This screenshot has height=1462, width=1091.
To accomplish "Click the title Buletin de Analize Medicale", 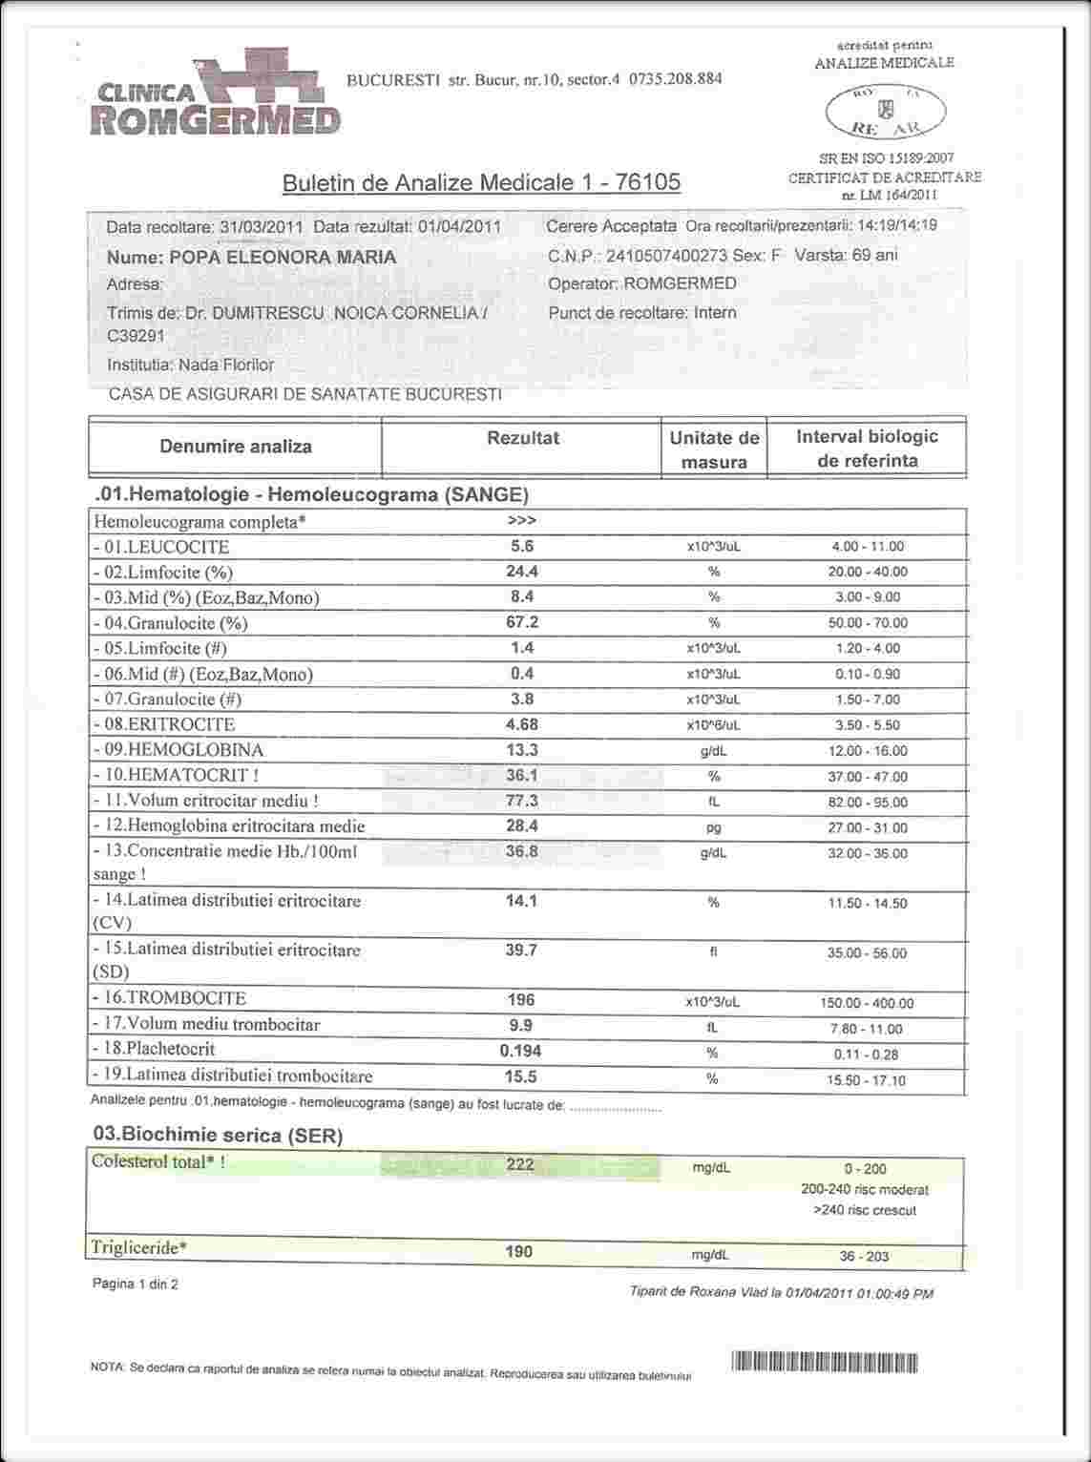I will pyautogui.click(x=481, y=182).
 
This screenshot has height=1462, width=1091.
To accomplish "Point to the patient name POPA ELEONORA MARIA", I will pyautogui.click(x=283, y=258).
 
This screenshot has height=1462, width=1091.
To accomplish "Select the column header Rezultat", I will pyautogui.click(x=523, y=438).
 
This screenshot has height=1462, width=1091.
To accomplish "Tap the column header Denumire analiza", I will pyautogui.click(x=236, y=447).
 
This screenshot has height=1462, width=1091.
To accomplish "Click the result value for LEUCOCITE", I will pyautogui.click(x=522, y=546).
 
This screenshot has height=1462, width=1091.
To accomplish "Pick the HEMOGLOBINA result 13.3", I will pyautogui.click(x=522, y=750).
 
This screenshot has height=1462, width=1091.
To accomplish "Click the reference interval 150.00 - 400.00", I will pyautogui.click(x=867, y=1004).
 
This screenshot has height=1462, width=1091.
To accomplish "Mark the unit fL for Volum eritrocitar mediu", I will pyautogui.click(x=713, y=803).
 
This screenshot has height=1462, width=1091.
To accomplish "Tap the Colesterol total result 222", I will pyautogui.click(x=520, y=1164).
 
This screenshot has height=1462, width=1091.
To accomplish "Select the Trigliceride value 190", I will pyautogui.click(x=518, y=1251).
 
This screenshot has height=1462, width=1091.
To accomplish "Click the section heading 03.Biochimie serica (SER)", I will pyautogui.click(x=218, y=1135).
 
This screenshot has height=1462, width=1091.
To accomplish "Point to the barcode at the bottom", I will pyautogui.click(x=825, y=1362).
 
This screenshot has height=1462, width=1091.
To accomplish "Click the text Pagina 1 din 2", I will pyautogui.click(x=135, y=1284).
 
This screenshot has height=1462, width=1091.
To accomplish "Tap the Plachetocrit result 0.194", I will pyautogui.click(x=521, y=1051).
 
